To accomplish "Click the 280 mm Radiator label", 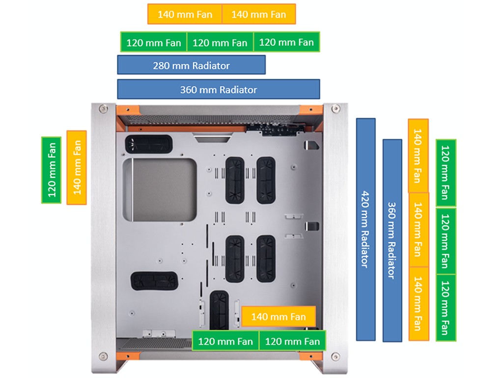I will [191, 65].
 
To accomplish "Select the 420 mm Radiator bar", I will [365, 229].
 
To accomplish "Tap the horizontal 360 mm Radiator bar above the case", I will [218, 90].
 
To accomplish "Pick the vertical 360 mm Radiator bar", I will [392, 240].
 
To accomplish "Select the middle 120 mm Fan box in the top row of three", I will [220, 42].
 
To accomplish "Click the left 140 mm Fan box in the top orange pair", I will [185, 14].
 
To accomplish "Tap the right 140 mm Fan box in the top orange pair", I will [258, 14].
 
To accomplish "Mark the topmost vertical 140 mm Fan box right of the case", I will [418, 156].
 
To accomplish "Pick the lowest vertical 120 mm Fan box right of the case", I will [446, 307].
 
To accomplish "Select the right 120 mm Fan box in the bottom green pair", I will [292, 341].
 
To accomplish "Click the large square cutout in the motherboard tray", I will [160, 188].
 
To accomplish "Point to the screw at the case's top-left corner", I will [103, 109].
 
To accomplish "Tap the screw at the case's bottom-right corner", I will [335, 356].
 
